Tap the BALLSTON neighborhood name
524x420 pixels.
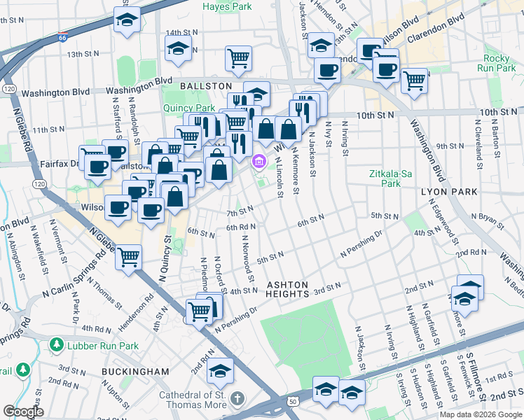click(205, 85)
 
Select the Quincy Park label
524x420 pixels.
click(189, 108)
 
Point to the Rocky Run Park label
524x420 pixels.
click(499, 63)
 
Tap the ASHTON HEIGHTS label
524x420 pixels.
click(287, 289)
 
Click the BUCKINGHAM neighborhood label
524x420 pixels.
click(135, 371)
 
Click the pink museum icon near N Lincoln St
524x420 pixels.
click(259, 162)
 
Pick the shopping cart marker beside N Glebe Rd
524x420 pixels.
click(128, 257)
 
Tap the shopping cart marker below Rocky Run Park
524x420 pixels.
click(415, 80)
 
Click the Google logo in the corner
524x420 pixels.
click(23, 412)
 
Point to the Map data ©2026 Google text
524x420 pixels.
click(480, 414)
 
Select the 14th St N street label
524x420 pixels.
click(181, 32)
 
